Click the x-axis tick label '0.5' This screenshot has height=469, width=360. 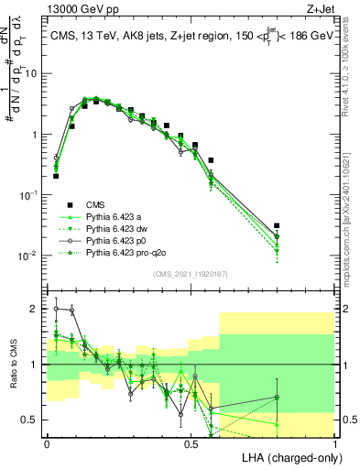[x=191, y=442]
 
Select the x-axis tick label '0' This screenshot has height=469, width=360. [x=47, y=442]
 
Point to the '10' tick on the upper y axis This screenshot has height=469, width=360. [x=32, y=73]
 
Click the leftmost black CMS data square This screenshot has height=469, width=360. [x=56, y=175]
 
